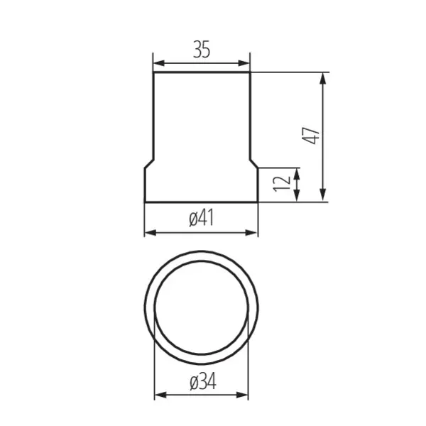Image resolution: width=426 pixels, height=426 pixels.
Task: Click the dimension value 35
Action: [x=202, y=50]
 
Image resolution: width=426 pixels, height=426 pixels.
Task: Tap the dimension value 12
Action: [x=283, y=182]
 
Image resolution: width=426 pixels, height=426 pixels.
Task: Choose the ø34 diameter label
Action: [x=202, y=383]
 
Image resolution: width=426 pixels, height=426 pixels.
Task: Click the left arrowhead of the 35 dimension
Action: [x=158, y=63]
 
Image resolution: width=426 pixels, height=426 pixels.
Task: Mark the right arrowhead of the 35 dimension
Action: [x=246, y=63]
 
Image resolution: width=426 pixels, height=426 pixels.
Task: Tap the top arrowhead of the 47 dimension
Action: [x=324, y=77]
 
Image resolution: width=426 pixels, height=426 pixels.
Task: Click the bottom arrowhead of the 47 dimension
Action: [x=324, y=197]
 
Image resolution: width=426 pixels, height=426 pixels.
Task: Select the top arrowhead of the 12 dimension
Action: [x=297, y=172]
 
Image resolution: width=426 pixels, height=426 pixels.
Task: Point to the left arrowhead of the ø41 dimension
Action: [x=149, y=232]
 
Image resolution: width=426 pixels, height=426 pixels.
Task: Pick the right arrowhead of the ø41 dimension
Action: [x=253, y=232]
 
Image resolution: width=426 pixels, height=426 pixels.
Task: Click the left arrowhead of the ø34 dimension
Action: [x=159, y=395]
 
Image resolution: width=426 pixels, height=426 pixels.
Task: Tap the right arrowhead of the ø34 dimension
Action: [x=245, y=395]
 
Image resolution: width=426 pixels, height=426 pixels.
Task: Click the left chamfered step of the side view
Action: [x=149, y=163]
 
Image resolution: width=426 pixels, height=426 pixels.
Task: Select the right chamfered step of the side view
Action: [x=254, y=163]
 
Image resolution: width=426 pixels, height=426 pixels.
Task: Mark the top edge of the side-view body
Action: [x=202, y=72]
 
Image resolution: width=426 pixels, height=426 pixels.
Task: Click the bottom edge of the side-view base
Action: [x=202, y=202]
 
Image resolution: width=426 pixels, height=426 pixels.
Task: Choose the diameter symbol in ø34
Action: [x=193, y=383]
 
